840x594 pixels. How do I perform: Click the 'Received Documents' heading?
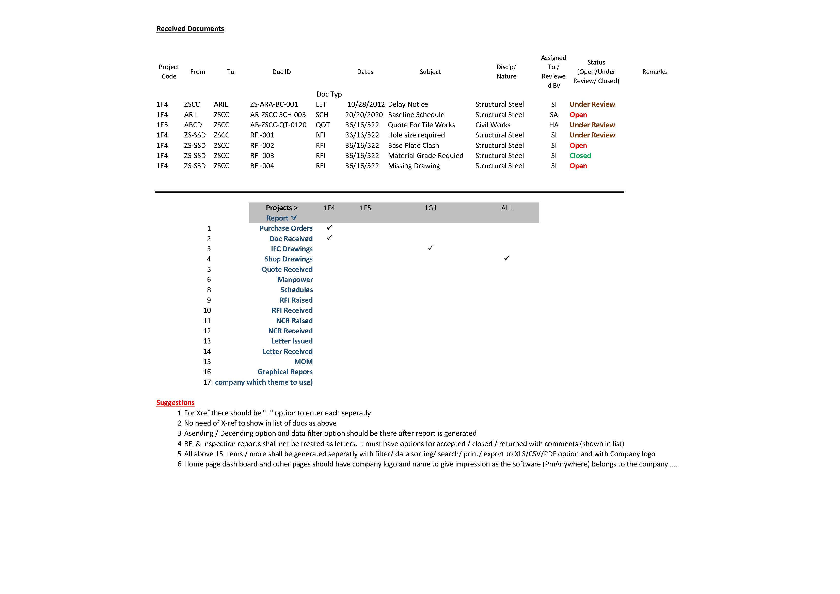click(x=190, y=28)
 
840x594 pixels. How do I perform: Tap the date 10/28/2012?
click(x=366, y=104)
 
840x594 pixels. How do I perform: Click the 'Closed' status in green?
click(x=580, y=155)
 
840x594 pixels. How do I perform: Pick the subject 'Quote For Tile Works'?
click(x=421, y=125)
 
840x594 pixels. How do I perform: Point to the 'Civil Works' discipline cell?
click(x=493, y=125)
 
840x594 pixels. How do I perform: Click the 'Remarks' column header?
click(x=654, y=72)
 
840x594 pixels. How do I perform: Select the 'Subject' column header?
click(x=430, y=72)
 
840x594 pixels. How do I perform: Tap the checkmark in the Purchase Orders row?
click(x=329, y=228)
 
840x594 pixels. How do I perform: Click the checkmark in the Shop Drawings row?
click(x=506, y=258)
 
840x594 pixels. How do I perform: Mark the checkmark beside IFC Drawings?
click(x=430, y=248)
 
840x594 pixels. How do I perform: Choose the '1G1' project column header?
click(x=430, y=208)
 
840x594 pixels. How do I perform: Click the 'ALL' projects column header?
click(x=506, y=208)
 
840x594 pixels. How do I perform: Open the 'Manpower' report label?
click(x=295, y=280)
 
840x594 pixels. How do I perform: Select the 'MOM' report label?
click(x=303, y=362)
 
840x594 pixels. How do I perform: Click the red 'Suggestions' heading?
click(x=175, y=403)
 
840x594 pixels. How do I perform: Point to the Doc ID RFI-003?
click(x=262, y=155)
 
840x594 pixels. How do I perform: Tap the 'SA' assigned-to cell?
click(x=553, y=115)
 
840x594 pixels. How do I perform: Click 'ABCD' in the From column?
click(x=193, y=125)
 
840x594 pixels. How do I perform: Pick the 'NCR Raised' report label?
click(x=294, y=321)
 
